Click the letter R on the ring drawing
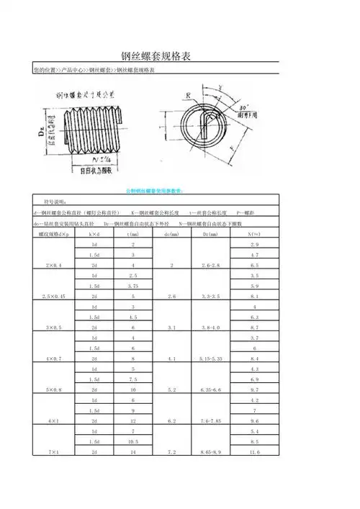click(188, 94)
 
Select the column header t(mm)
click(132, 235)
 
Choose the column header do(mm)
click(171, 235)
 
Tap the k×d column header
click(94, 235)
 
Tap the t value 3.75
click(132, 286)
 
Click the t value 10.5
click(132, 441)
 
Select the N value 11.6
click(253, 451)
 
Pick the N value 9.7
click(253, 389)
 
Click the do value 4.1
click(171, 358)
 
